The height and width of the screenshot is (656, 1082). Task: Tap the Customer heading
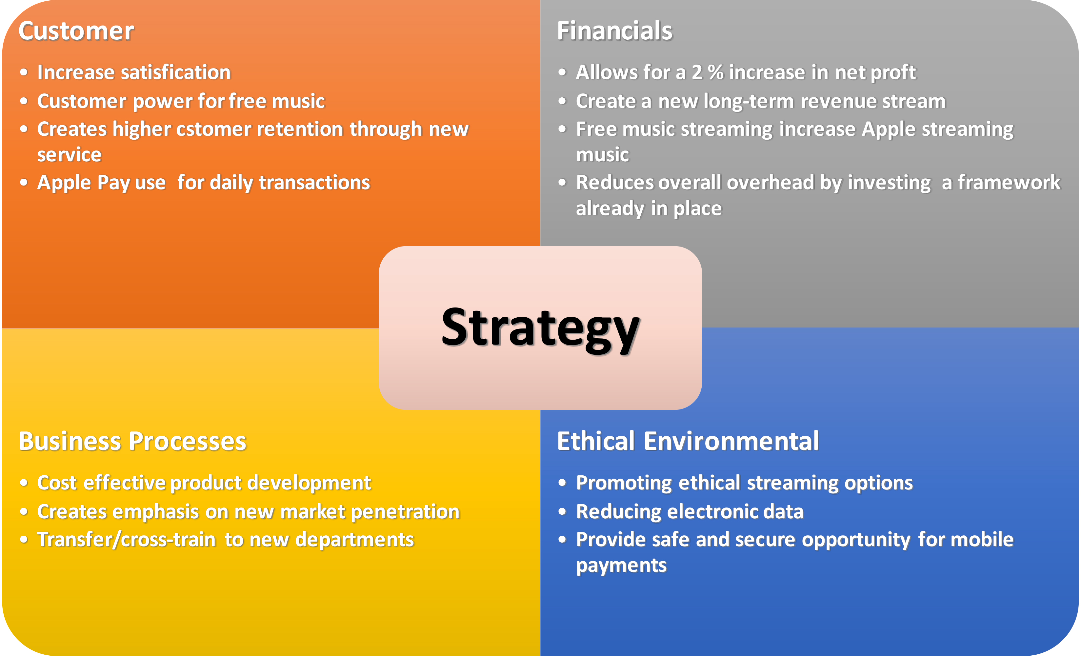[76, 31]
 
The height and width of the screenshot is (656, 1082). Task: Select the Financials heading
[615, 31]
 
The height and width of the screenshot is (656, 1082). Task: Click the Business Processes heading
[132, 441]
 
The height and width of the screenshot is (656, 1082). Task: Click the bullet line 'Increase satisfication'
[134, 72]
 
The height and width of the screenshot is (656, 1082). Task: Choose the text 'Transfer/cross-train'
[127, 540]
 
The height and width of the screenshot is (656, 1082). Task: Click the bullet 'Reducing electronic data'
[690, 511]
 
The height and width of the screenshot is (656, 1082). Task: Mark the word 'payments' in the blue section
[621, 566]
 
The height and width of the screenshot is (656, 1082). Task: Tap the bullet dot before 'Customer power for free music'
[24, 101]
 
